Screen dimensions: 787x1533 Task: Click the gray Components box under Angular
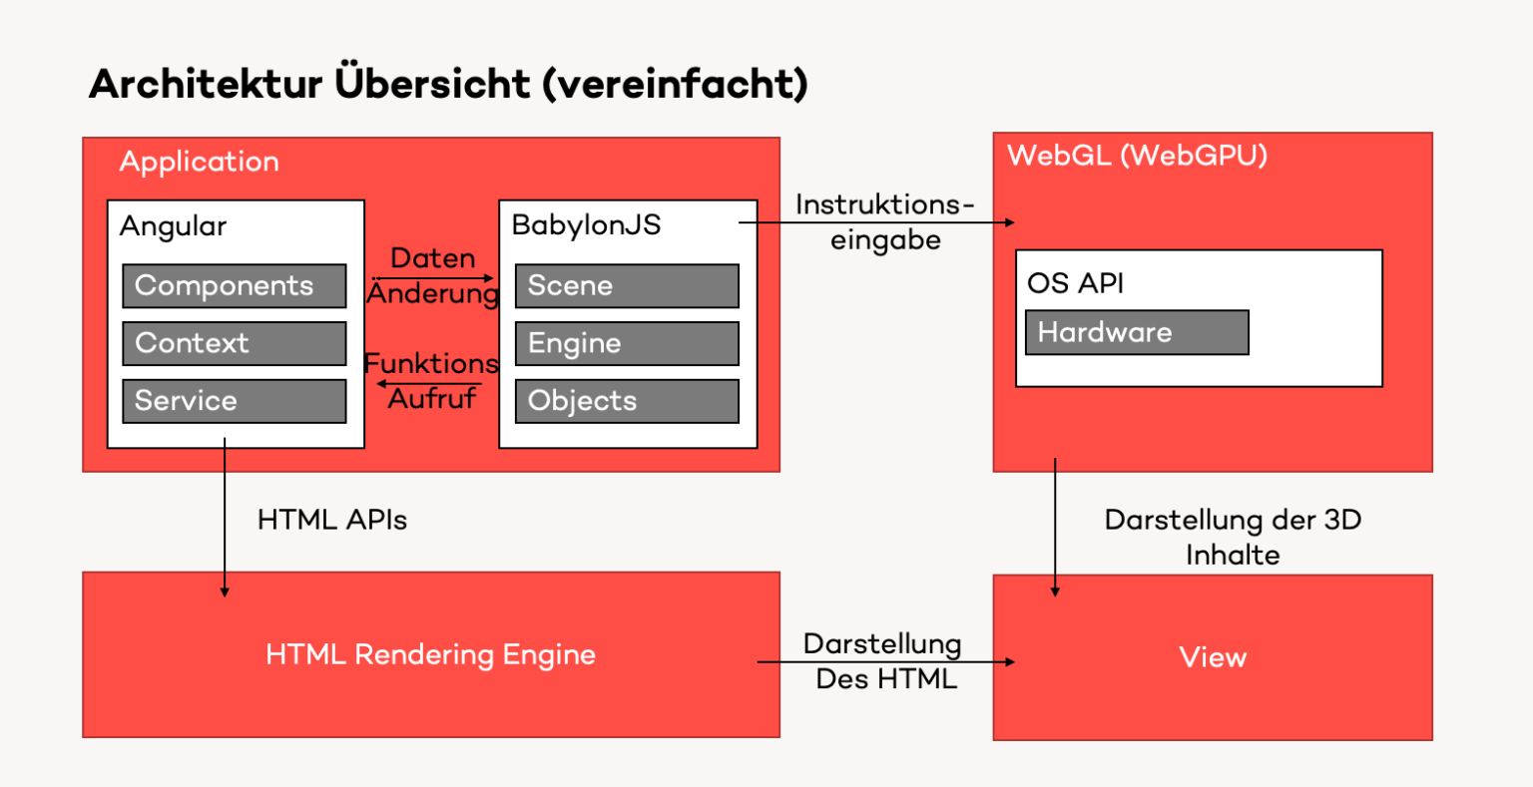234,286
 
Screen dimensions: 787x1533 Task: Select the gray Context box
234,343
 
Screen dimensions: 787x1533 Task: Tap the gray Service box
234,401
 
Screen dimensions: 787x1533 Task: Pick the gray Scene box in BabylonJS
627,286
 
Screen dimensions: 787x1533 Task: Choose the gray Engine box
627,344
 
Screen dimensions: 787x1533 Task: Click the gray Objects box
627,401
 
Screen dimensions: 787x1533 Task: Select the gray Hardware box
1137,332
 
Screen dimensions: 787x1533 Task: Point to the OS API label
1075,283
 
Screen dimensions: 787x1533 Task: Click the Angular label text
173,226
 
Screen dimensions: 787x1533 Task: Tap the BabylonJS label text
586,225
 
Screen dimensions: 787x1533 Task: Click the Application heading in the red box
199,162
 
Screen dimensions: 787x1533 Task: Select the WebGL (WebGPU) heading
1137,156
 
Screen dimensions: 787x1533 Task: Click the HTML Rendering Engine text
430,655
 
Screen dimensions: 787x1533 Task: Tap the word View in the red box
1213,657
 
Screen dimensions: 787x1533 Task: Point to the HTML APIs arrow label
332,520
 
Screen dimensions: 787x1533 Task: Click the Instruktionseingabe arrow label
884,222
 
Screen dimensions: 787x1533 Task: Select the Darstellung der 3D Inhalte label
1233,537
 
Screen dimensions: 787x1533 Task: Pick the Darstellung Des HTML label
884,661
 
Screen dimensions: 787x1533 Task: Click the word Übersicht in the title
432,84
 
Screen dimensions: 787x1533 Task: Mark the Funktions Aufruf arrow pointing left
435,383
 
